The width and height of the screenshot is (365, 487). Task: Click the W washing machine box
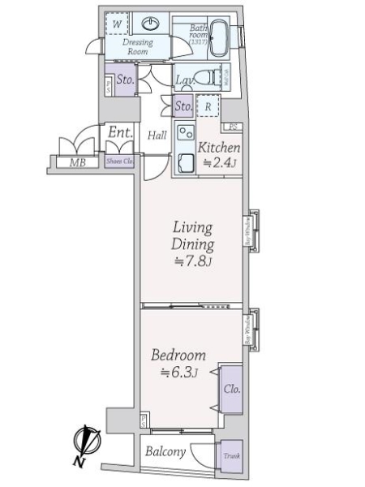tap(118, 24)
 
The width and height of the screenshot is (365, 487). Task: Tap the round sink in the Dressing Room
tap(151, 24)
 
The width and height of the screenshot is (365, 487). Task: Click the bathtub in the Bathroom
tap(219, 39)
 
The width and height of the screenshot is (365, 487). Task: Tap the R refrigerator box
tap(209, 106)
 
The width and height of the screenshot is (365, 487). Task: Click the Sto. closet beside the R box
tap(183, 106)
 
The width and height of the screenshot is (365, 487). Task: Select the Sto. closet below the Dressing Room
tap(124, 80)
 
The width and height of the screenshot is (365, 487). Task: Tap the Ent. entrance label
tap(120, 131)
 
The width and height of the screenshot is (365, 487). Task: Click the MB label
tap(77, 162)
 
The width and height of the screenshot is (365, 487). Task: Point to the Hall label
tap(157, 136)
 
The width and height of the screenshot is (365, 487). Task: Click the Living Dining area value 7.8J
tap(192, 261)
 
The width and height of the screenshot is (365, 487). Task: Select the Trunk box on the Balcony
tap(232, 456)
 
